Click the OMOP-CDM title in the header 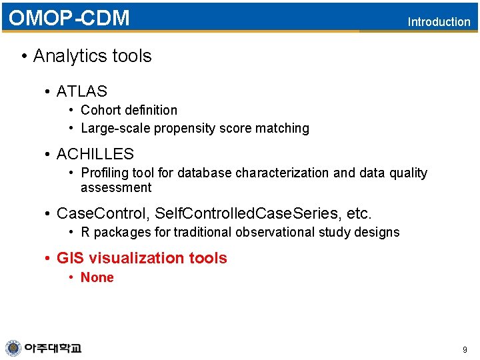coord(69,18)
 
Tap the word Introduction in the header coord(439,22)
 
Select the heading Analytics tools coord(92,56)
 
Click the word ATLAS coord(81,91)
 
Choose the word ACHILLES coord(95,154)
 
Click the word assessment coord(116,188)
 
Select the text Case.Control coord(103,214)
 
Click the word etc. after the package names coord(359,214)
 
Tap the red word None coord(97,277)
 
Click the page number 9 coord(465,349)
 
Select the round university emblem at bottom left coord(13,348)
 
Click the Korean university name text coord(53,348)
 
